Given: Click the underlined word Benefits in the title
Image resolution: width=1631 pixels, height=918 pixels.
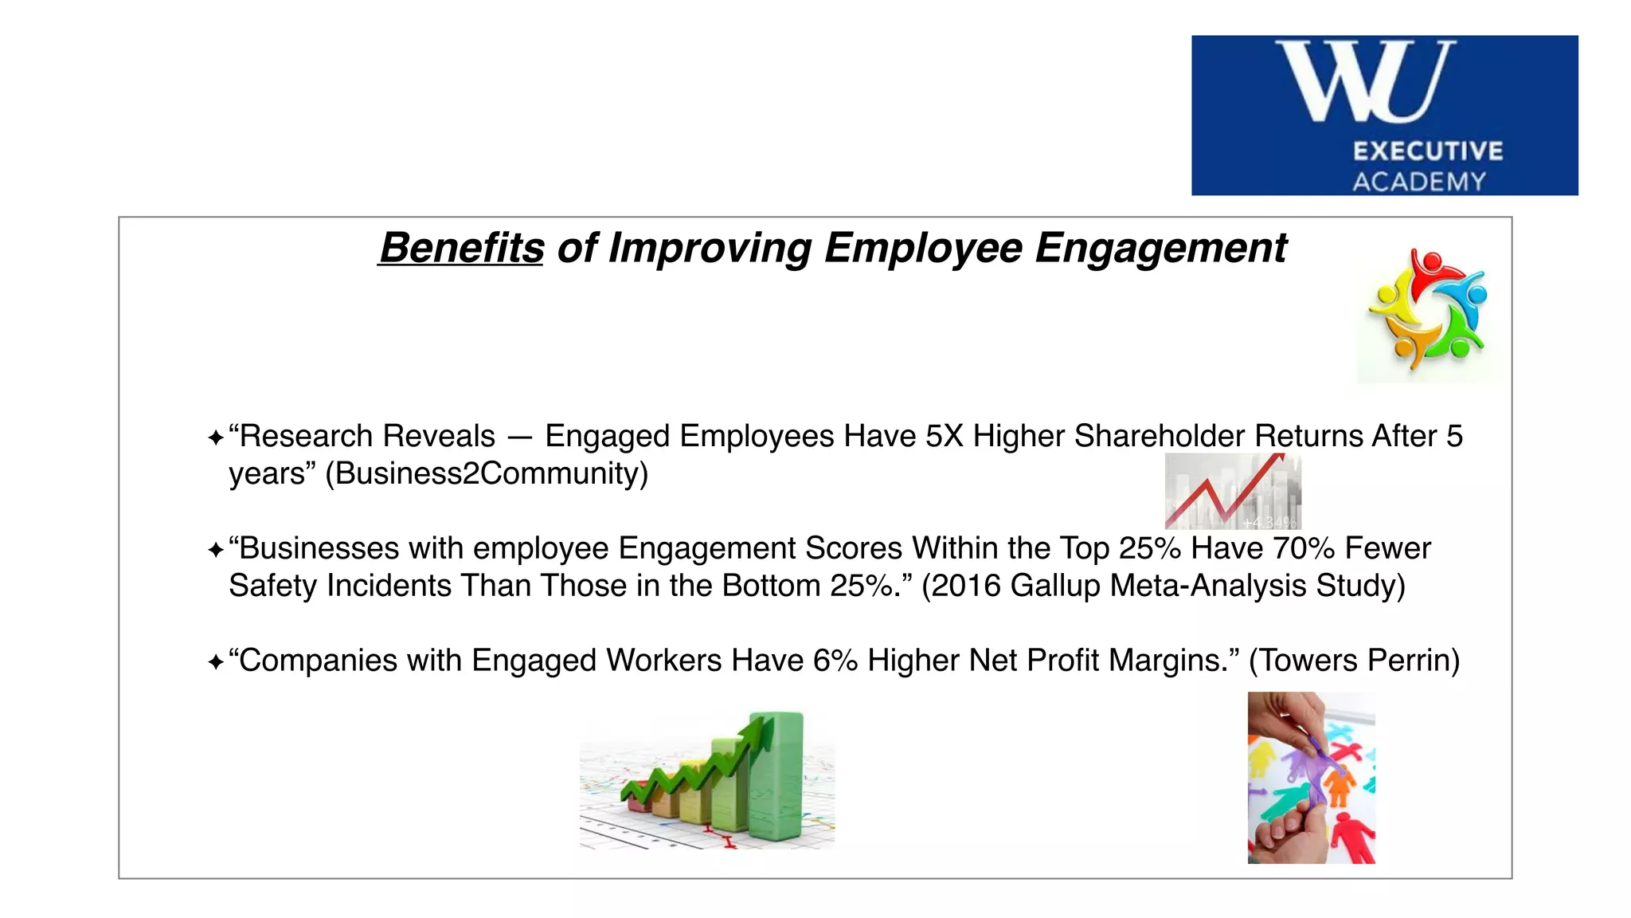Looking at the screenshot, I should pos(461,248).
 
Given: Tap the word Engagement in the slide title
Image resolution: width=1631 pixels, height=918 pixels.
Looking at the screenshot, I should pos(1160,248).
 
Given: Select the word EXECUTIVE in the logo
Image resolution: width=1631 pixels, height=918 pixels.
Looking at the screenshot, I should pos(1428,151).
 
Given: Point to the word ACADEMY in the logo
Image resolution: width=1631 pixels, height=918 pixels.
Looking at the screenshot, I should pos(1419,182).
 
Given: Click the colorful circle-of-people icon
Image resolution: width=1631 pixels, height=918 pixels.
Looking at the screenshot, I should pos(1428,311).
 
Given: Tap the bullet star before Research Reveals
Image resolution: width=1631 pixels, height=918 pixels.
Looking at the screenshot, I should pos(215,437).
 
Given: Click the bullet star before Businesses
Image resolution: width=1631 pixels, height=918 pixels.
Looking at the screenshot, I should pos(215,550).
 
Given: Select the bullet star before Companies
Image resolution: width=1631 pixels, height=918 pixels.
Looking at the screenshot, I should pos(215,662).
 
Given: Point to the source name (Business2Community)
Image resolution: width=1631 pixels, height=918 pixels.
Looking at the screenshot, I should pos(487,473).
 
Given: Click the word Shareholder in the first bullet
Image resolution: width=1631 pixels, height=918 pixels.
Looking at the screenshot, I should pos(1160,436).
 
